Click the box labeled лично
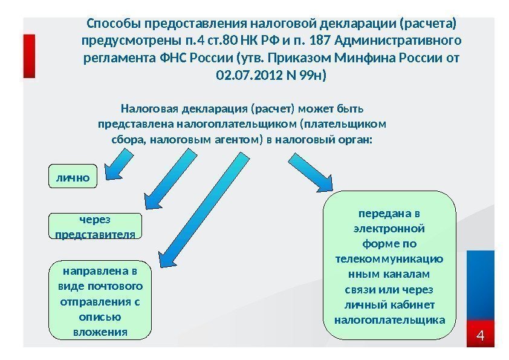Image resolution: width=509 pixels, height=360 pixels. coord(73,178)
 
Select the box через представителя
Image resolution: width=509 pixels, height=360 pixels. coord(95,226)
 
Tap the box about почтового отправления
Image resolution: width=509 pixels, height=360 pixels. coord(100,301)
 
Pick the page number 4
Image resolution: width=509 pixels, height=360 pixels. coord(482,335)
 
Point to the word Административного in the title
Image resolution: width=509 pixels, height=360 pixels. coord(397,41)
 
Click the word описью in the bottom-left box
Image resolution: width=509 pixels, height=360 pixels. coord(100,316)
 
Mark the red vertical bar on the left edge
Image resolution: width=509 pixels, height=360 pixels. coord(29,56)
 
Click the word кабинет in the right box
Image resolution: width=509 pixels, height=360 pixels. coord(413,304)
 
